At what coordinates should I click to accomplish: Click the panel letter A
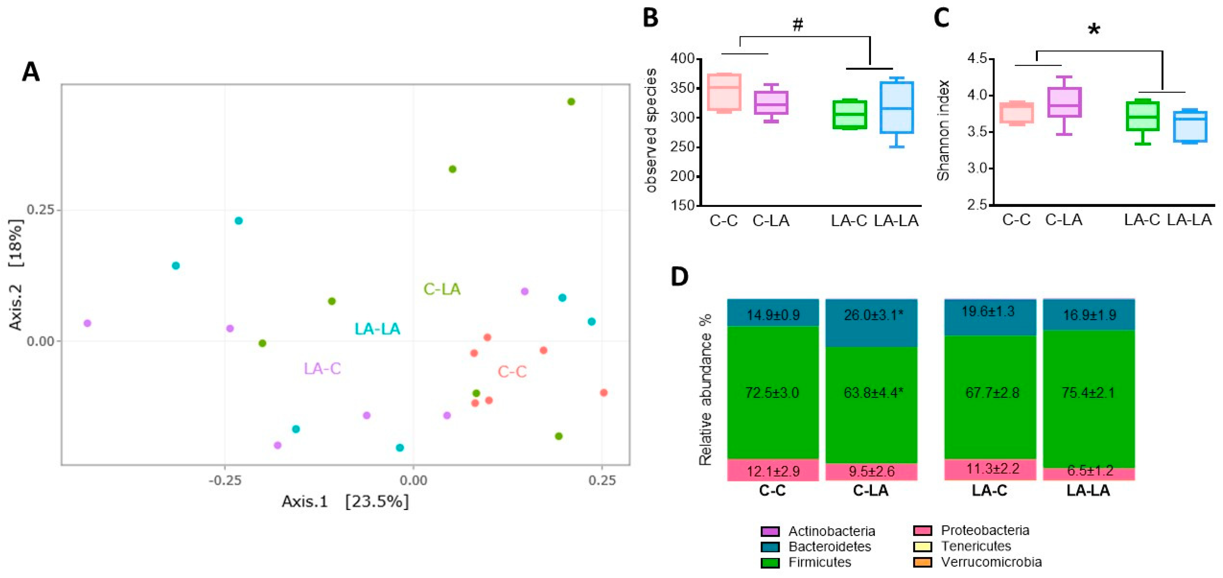31,72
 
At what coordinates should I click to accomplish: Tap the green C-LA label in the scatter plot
442,289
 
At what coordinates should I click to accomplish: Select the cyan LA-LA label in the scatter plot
377,329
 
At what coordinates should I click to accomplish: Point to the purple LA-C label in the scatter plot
322,368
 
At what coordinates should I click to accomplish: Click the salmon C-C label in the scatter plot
512,371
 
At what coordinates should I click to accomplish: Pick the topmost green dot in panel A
571,102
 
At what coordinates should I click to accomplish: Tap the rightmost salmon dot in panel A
604,393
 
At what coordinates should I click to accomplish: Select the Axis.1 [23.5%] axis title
345,501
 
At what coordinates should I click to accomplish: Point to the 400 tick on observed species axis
682,58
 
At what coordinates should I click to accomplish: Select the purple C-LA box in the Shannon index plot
1064,103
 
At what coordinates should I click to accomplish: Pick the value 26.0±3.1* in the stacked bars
873,315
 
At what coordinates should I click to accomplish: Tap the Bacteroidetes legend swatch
770,547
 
